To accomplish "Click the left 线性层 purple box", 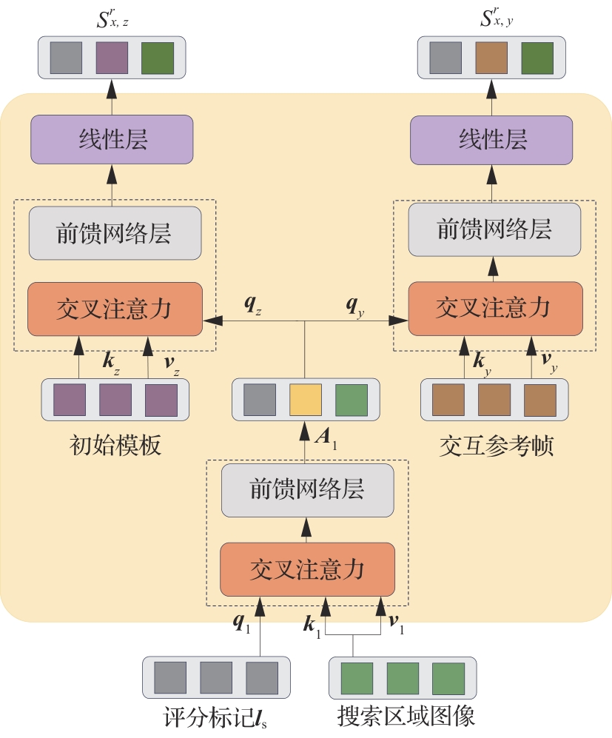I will (112, 139).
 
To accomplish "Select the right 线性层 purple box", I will (492, 139).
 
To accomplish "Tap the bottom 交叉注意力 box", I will (307, 568).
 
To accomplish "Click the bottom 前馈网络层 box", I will (307, 490).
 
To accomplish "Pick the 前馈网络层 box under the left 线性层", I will (115, 233).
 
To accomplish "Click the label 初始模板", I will (115, 446).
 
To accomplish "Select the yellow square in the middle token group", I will (305, 400).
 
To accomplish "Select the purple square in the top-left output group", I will (112, 58).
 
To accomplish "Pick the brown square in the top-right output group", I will (491, 58).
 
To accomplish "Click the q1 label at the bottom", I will (241, 625).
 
